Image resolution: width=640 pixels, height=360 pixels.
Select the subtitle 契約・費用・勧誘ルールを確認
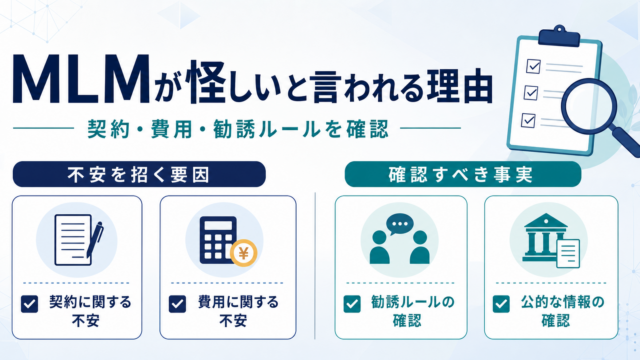[238, 129]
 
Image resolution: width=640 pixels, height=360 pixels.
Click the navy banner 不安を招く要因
[139, 174]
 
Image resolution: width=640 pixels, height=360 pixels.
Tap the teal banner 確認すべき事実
[462, 174]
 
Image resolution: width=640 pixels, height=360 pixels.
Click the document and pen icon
[78, 240]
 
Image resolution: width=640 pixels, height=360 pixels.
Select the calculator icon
[218, 240]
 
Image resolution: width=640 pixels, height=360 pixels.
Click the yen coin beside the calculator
[243, 253]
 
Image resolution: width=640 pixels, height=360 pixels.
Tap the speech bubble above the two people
[400, 224]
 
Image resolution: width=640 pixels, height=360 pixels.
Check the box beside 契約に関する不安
[30, 304]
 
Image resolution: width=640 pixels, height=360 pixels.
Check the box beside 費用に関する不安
[177, 304]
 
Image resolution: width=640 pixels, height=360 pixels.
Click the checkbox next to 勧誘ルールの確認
[352, 304]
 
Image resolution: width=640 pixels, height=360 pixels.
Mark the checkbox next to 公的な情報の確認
[501, 304]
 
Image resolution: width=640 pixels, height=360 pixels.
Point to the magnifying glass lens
[589, 105]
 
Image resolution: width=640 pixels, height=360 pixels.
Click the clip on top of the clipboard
[559, 36]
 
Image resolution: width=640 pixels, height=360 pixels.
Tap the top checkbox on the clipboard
[533, 66]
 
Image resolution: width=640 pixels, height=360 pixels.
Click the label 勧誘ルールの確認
[412, 311]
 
